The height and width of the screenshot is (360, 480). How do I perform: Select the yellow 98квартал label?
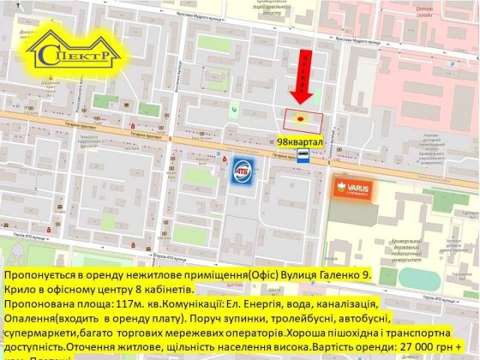[x=300, y=140]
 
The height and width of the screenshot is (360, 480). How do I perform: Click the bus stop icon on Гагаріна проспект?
[x=303, y=156]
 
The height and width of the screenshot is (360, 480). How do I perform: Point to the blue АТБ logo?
[x=243, y=166]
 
